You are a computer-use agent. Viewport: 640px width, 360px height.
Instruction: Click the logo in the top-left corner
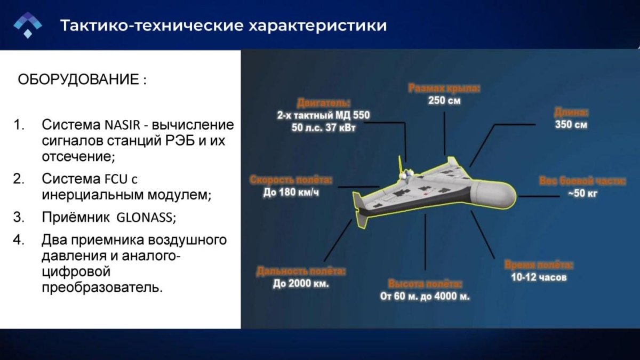coord(27,25)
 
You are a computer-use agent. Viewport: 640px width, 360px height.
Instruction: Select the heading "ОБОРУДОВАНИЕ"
coord(77,80)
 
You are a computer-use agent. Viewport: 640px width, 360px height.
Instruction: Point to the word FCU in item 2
coord(117,179)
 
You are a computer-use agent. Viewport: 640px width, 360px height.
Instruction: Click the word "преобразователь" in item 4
coord(101,287)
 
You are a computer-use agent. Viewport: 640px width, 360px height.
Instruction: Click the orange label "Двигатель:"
coord(324,103)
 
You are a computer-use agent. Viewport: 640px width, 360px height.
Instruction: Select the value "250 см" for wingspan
coord(444,101)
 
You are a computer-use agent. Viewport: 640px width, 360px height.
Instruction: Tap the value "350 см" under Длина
coord(571,125)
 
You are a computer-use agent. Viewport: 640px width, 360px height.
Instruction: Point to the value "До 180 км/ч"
coord(291,193)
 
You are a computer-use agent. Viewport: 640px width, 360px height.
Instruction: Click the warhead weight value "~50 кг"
coord(582,193)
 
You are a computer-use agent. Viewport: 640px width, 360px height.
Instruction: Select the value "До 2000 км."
coord(301,284)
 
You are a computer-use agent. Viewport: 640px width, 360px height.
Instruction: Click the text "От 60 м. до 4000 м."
coord(425,297)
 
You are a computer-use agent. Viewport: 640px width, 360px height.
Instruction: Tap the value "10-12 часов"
coord(539,277)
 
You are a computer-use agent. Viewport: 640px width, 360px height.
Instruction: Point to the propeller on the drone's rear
coord(404,170)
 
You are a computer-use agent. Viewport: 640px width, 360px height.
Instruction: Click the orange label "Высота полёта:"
coord(425,284)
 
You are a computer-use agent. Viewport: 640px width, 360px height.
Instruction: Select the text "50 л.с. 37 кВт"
coord(323,127)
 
